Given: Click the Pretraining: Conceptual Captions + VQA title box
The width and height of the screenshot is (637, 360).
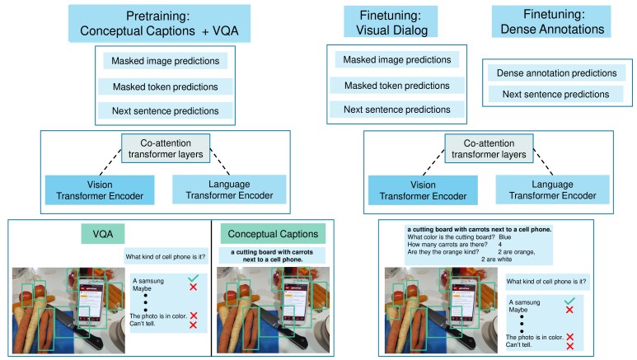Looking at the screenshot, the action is (x=159, y=23).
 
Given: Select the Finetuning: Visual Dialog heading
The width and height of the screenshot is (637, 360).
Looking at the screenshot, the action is (x=391, y=22).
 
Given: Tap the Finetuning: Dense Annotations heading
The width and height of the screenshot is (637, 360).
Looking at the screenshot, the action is (x=551, y=21).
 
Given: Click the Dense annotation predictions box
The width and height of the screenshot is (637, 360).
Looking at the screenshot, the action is (x=556, y=73).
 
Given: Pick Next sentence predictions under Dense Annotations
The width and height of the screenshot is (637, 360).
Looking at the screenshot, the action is (x=555, y=94).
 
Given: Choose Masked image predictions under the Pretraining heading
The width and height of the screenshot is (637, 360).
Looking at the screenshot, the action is (x=166, y=61).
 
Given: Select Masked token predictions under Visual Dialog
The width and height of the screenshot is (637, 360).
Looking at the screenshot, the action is (x=397, y=86).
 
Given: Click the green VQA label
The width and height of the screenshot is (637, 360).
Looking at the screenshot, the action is (x=103, y=234).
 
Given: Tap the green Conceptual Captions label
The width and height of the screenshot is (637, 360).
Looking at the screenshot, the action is (x=273, y=234).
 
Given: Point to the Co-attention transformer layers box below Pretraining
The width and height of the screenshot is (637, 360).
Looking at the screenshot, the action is (x=166, y=149).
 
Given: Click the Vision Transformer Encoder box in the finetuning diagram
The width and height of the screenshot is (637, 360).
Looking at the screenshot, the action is (x=423, y=190).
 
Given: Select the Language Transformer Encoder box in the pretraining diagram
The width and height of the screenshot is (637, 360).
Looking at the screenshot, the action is (x=229, y=189).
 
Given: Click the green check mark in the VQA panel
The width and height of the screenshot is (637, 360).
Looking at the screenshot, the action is (x=193, y=278).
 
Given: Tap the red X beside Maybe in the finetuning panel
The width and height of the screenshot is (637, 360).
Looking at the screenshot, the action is (x=569, y=310).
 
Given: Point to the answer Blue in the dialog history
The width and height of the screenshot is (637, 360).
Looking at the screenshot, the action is (x=505, y=237).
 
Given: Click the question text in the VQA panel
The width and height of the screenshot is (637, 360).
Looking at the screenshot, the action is (x=166, y=257).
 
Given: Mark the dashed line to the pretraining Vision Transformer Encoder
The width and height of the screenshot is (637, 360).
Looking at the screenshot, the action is (x=110, y=162).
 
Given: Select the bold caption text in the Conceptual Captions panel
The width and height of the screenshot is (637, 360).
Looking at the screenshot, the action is (x=272, y=255).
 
